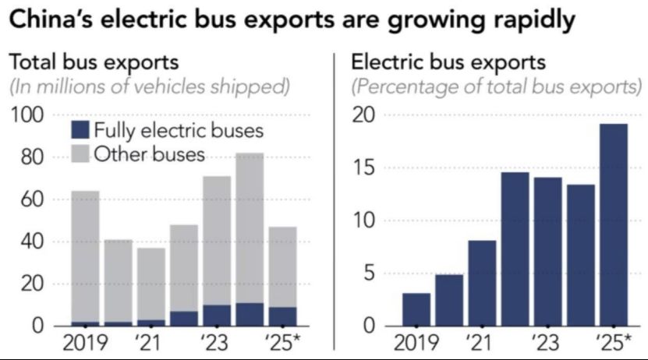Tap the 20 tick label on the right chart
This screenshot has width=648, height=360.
pyautogui.click(x=366, y=116)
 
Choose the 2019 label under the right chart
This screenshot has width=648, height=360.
pyautogui.click(x=416, y=344)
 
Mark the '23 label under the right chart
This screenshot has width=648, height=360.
pyautogui.click(x=547, y=344)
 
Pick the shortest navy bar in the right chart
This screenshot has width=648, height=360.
pyautogui.click(x=416, y=309)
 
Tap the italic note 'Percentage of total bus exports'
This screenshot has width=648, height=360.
pyautogui.click(x=497, y=86)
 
